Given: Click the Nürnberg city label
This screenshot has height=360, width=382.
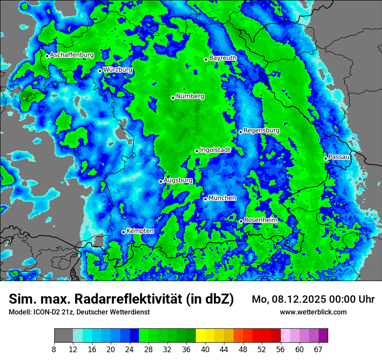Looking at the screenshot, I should pos(190,96).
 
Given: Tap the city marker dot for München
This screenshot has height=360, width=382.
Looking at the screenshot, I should pos(205,199).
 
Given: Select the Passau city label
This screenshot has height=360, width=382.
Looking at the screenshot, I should pos(339,157).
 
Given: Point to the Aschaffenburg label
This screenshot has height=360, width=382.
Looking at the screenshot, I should pos(72,55).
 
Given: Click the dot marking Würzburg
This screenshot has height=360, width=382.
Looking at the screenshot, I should pos(100,71).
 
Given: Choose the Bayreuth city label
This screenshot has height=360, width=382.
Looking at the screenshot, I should pos(223,58).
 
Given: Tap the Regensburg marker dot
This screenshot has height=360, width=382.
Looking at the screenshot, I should pos(240,132).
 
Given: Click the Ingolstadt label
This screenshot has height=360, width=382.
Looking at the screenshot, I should pos(215,150).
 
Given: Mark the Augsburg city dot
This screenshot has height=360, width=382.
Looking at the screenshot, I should pos(161,181).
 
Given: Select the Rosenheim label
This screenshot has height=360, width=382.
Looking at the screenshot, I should pos(261,220).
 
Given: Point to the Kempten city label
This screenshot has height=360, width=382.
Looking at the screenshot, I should pos(140,231).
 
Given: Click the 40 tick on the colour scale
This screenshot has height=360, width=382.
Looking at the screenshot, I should pos(205,350).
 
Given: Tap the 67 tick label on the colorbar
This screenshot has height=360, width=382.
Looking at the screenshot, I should pos(318,350).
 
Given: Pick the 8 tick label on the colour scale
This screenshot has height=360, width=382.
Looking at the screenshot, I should pos(54,350).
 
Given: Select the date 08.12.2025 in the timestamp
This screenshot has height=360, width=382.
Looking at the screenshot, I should pos(300,299).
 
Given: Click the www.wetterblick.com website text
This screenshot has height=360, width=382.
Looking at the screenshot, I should pos(313,312).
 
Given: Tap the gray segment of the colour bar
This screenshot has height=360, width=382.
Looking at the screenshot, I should pos(63,336).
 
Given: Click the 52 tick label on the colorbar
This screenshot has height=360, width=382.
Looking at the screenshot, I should pos(261,350).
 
